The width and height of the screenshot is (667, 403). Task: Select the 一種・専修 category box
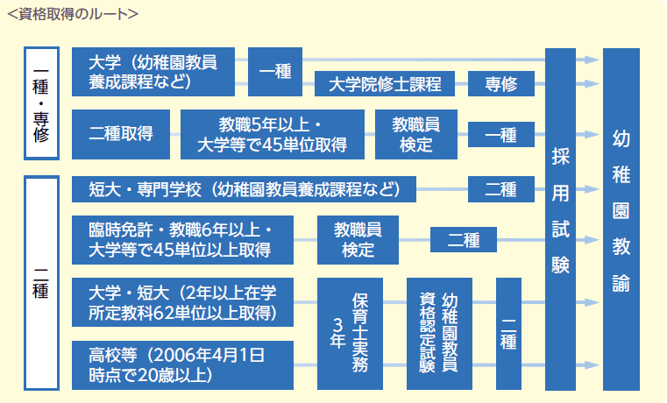pyautogui.click(x=41, y=103)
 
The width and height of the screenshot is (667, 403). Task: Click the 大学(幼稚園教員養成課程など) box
pyautogui.click(x=153, y=72)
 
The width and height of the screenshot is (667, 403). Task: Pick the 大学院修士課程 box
pyautogui.click(x=385, y=85)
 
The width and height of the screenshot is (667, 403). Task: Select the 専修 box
pyautogui.click(x=500, y=85)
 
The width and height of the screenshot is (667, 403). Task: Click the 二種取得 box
pyautogui.click(x=121, y=134)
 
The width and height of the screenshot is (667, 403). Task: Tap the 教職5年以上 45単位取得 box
pyautogui.click(x=272, y=134)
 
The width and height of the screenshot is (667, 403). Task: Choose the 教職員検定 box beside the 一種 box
pyautogui.click(x=416, y=134)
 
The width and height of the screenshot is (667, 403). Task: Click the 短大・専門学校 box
pyautogui.click(x=244, y=188)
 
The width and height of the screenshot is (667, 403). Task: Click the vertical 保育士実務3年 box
pyautogui.click(x=351, y=334)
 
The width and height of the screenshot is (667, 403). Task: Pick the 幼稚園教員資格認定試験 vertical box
pyautogui.click(x=439, y=334)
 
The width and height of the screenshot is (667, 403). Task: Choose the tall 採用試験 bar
pyautogui.click(x=560, y=219)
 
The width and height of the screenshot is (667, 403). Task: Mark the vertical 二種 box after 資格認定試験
pyautogui.click(x=508, y=334)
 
